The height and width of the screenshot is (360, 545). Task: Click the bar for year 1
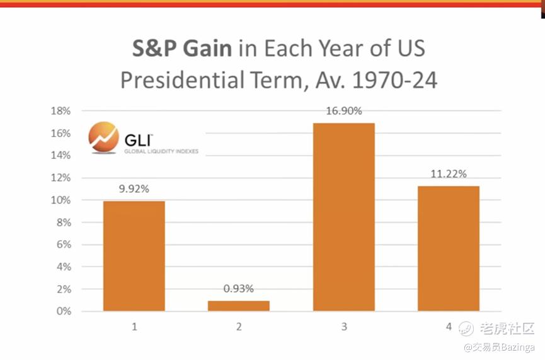(x=134, y=256)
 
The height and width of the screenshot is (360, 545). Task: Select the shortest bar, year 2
(x=239, y=306)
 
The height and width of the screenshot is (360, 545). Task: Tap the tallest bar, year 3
(x=343, y=217)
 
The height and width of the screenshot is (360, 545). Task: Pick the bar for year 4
(x=449, y=248)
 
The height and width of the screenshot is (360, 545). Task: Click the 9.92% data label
(x=134, y=189)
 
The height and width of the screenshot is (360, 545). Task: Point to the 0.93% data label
(x=239, y=289)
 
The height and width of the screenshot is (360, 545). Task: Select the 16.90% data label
(x=344, y=111)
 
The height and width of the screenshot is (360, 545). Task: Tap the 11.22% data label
(x=449, y=174)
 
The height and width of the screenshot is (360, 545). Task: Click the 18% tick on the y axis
(x=60, y=111)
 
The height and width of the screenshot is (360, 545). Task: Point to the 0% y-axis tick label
(x=63, y=311)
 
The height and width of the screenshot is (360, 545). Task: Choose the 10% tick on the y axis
(x=60, y=200)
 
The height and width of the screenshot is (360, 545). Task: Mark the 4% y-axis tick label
(x=63, y=267)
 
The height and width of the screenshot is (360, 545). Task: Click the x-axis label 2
(x=239, y=327)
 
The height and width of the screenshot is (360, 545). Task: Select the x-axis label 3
(x=343, y=327)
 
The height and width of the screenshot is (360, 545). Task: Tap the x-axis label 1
(x=134, y=327)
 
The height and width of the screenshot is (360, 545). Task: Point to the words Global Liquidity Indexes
(x=160, y=151)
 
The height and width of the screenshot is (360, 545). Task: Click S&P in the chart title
(x=157, y=49)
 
